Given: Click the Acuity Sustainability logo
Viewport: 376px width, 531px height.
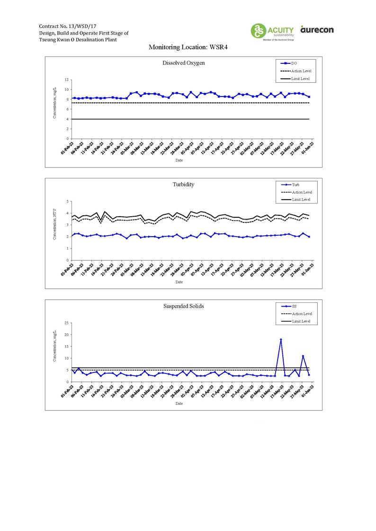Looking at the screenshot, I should point(272,31).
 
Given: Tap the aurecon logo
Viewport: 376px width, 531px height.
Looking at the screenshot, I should point(317,30).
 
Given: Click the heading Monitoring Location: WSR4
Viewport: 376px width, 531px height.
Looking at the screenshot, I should point(188,47).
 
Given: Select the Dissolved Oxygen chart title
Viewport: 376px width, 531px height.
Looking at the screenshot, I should point(183,63).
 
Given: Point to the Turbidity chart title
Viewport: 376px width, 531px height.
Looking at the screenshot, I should point(183,184).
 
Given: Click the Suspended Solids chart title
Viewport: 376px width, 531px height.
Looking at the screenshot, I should point(183,306).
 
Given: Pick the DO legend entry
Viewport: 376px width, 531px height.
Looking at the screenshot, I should point(294,63).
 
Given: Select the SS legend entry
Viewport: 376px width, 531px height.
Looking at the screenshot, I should point(294,306).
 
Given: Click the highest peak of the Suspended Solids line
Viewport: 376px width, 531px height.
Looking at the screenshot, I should point(281,339).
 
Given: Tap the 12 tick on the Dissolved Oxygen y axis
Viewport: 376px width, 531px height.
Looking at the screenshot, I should point(67,80).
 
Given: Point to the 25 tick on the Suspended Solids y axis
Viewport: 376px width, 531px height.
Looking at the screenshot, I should point(67,323).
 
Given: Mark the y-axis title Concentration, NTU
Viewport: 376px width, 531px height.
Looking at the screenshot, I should point(55,225).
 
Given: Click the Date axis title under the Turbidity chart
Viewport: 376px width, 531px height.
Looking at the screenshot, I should point(179,282).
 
